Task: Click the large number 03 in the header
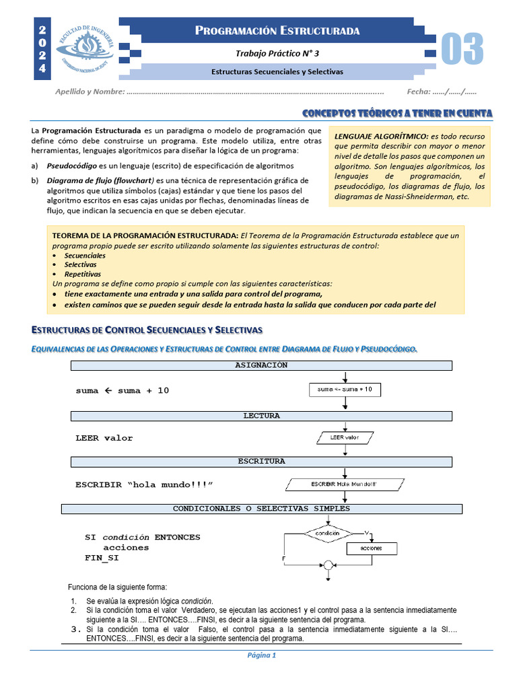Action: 462,49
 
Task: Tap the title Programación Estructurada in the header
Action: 277,30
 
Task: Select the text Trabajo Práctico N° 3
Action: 277,53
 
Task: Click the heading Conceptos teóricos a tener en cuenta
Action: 397,112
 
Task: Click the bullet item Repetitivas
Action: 83,274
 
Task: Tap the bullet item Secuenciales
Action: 85,256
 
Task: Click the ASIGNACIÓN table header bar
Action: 261,365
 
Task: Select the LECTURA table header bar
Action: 261,416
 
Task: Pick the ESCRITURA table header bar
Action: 261,461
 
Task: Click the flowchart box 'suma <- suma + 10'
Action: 345,390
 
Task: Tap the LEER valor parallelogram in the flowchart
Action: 345,438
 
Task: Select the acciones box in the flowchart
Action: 371,548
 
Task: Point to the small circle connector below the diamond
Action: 328,565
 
